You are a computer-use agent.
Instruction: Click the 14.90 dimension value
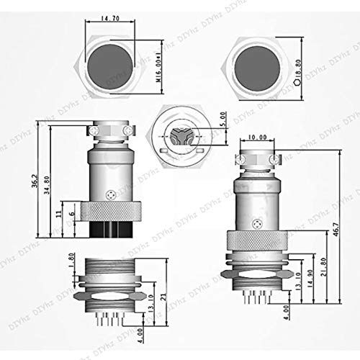(x=310, y=276)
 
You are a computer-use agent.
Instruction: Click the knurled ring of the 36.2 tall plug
(x=107, y=212)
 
